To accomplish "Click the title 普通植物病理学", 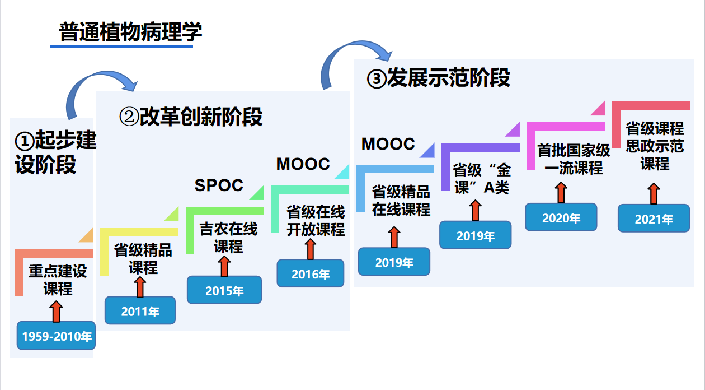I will [130, 32].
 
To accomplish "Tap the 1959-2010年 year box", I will [57, 336].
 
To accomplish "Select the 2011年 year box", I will [140, 311].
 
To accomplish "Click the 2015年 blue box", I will [224, 290].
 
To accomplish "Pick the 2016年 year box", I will [311, 274].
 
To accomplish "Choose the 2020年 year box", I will [561, 217].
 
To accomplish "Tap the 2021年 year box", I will [654, 219].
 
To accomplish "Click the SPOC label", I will [219, 185].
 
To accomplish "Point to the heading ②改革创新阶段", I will [191, 117].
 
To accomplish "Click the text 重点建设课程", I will [58, 280].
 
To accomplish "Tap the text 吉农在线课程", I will [228, 238].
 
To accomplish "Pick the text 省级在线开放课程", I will [316, 221].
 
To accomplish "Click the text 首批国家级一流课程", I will [573, 159].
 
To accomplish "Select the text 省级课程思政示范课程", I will [655, 146].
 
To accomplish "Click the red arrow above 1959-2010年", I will [56, 311].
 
